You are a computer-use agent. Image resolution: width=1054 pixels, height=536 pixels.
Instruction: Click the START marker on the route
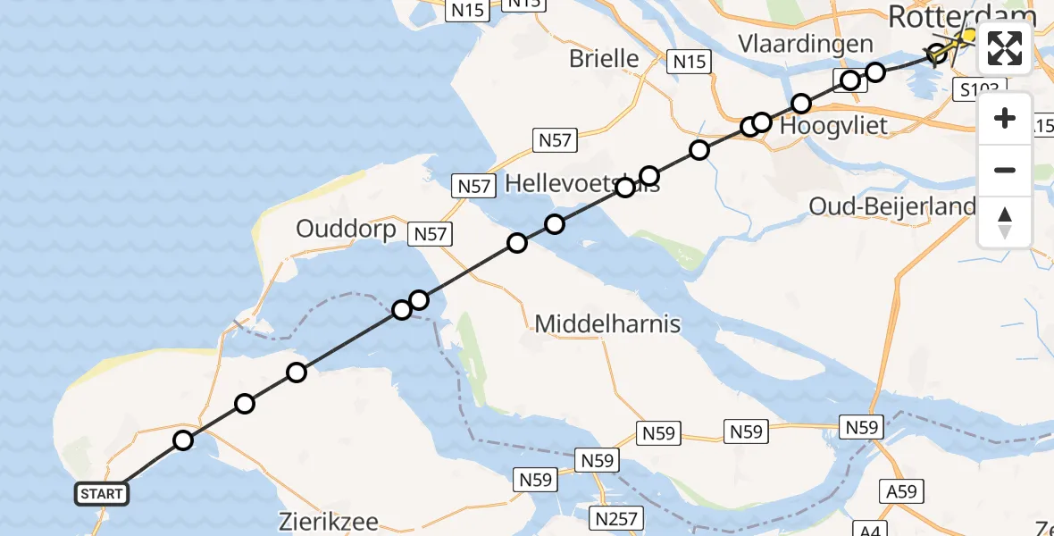click(102, 494)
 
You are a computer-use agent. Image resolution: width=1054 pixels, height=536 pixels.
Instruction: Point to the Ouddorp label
click(346, 230)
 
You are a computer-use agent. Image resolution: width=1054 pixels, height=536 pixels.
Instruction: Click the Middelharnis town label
click(607, 323)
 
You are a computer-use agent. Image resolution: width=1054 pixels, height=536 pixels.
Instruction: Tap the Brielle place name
click(605, 59)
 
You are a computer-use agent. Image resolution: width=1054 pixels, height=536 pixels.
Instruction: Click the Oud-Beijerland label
click(891, 206)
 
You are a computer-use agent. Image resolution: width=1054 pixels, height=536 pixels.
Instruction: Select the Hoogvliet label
click(833, 126)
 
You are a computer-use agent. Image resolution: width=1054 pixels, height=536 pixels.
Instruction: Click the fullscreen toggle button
click(1005, 48)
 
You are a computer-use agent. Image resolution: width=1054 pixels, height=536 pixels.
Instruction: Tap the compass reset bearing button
click(1005, 222)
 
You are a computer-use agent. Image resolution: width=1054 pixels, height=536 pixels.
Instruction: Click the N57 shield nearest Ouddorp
click(430, 234)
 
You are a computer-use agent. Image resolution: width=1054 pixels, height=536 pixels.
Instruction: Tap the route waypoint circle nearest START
click(183, 440)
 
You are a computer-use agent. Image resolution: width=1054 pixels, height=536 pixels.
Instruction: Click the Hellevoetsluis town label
click(582, 184)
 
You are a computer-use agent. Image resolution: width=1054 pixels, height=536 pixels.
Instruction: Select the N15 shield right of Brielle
click(689, 62)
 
